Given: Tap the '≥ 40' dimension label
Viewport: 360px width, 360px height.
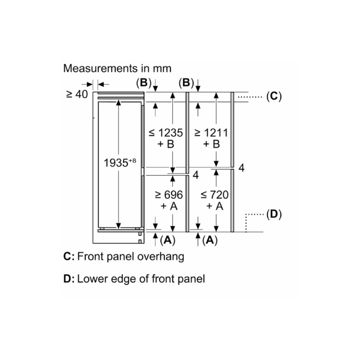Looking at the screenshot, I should (77, 94).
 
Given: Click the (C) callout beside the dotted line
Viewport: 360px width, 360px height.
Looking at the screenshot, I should (274, 96).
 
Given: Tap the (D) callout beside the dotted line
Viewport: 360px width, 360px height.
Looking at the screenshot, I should (274, 214).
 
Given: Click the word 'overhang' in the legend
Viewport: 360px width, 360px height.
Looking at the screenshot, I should (161, 256).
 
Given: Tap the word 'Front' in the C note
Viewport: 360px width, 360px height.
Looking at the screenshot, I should (91, 256).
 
